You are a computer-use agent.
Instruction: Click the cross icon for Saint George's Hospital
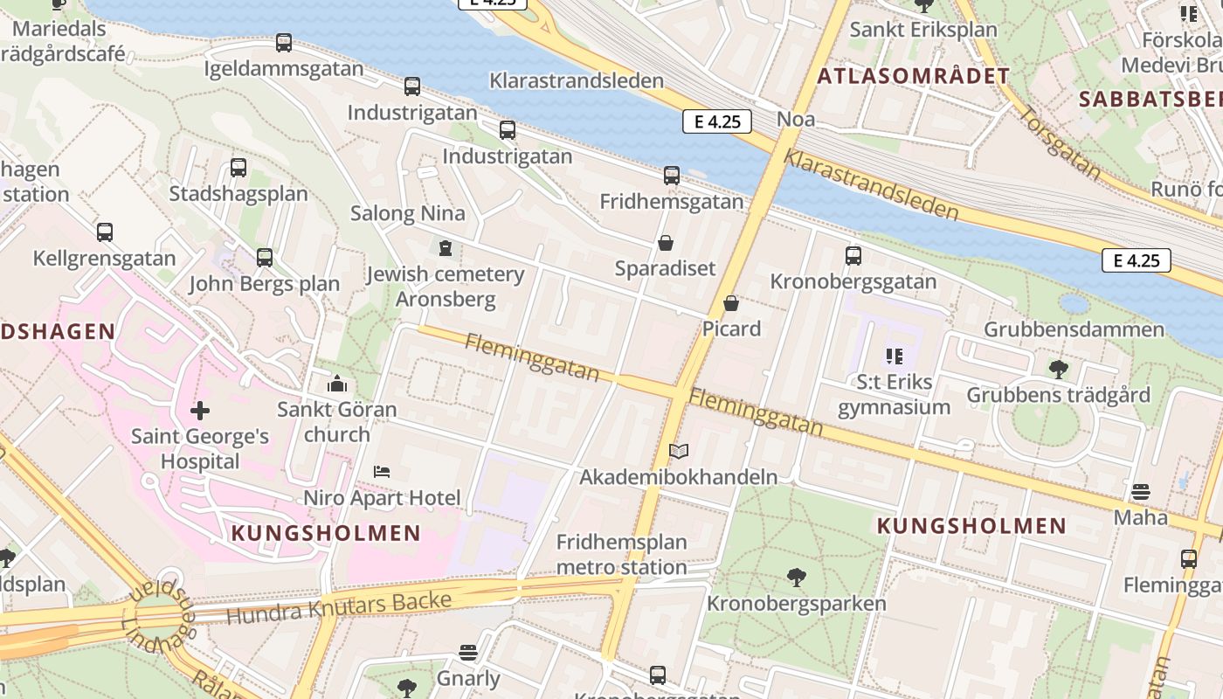click(200, 410)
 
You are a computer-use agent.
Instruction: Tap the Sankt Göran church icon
click(337, 384)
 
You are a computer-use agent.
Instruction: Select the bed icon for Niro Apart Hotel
click(382, 472)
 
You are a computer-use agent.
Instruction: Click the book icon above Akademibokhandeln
click(679, 452)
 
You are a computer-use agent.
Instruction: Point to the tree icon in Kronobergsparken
click(796, 578)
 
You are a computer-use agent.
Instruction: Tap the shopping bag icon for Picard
click(731, 303)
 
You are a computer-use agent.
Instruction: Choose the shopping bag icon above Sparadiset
click(666, 243)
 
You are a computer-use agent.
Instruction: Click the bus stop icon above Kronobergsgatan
click(853, 256)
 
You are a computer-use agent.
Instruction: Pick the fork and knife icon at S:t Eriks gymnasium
click(894, 356)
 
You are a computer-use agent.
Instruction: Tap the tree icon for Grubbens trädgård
click(1059, 370)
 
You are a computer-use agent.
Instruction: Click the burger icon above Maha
click(1140, 492)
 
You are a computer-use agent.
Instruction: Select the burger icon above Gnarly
click(468, 653)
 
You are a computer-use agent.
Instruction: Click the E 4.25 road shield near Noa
click(717, 122)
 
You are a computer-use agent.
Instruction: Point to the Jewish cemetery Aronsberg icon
click(446, 249)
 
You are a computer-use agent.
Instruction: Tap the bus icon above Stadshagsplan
click(238, 168)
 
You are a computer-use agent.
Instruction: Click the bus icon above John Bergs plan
click(265, 258)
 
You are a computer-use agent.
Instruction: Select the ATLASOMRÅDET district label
click(913, 76)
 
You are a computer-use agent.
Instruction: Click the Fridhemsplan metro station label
click(621, 554)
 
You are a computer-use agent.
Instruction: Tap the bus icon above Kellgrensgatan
click(105, 232)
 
